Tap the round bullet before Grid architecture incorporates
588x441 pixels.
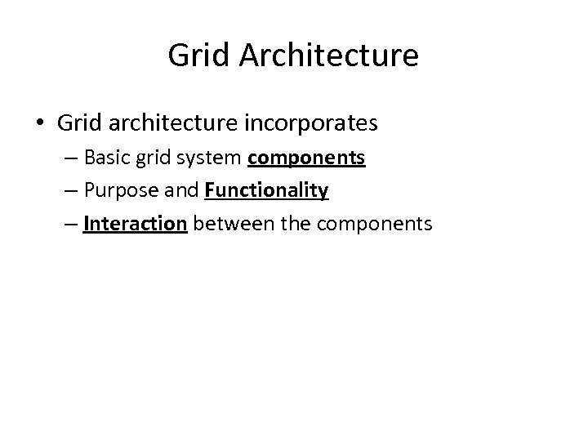pos(40,123)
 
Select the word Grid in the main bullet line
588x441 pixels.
pos(78,123)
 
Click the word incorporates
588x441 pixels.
pos(310,123)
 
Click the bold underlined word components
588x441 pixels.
pos(306,158)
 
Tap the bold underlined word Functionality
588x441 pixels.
pos(267,190)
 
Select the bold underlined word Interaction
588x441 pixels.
pos(136,223)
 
